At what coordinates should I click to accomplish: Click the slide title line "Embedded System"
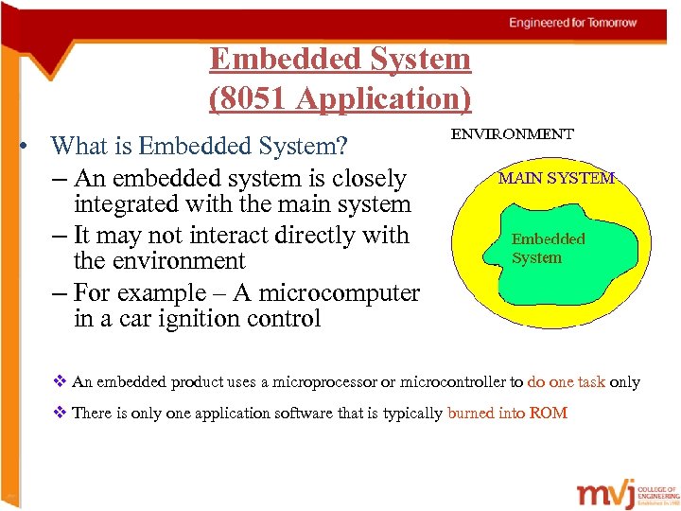tap(340, 59)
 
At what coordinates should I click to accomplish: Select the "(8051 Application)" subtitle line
tap(340, 97)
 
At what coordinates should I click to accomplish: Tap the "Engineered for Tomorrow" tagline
tap(573, 23)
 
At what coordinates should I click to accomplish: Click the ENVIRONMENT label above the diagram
tap(512, 134)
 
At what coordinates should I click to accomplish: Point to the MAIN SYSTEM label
tap(556, 177)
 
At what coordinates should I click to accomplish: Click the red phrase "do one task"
tap(566, 382)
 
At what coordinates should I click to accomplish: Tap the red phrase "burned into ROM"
tap(507, 413)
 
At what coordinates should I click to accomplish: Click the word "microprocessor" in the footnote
tap(319, 382)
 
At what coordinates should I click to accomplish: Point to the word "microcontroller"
tap(453, 382)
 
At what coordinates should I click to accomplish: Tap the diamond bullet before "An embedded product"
tap(60, 382)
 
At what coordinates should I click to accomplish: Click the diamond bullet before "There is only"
tap(60, 413)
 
